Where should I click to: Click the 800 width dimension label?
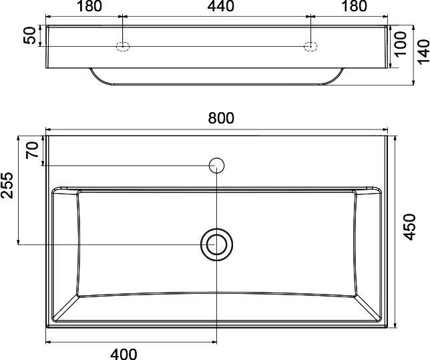tap(221, 118)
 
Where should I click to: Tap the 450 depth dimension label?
tap(410, 227)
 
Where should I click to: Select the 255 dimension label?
tap(7, 185)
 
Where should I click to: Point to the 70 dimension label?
tap(32, 150)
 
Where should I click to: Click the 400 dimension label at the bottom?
tap(124, 354)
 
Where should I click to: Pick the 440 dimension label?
tap(221, 6)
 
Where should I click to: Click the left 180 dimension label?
tap(89, 6)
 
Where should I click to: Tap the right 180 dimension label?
tap(355, 6)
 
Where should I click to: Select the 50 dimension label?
tap(29, 35)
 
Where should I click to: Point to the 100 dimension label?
tap(401, 44)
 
